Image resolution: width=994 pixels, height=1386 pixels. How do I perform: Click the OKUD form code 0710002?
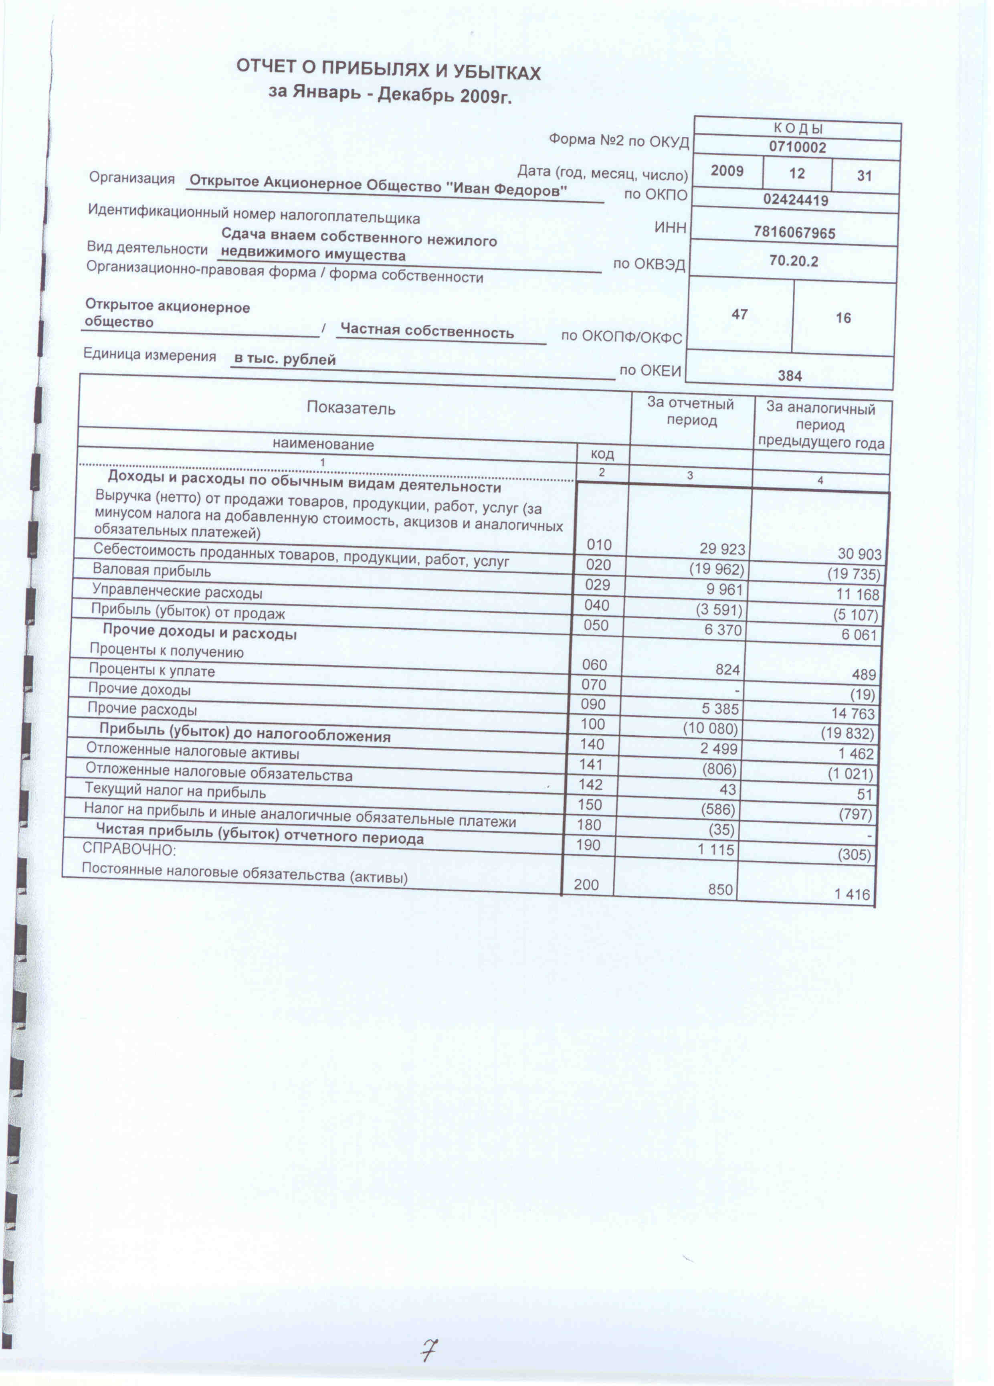(x=797, y=147)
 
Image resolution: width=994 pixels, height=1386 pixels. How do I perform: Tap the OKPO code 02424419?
(x=796, y=200)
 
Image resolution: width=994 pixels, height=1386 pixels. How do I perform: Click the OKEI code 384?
(x=789, y=375)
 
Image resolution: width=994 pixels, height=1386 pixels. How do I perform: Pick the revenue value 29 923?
(x=722, y=549)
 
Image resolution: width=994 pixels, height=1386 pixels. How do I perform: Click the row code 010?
(x=599, y=544)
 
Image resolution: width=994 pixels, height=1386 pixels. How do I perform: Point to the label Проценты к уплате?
(x=152, y=670)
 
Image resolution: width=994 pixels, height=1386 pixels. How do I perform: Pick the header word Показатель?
(x=351, y=408)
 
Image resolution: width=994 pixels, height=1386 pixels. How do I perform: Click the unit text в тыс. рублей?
(x=285, y=359)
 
